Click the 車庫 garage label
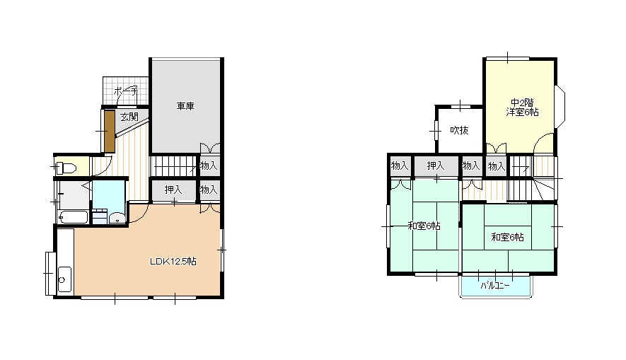pos(185,106)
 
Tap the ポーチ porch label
pos(126,91)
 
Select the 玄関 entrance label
pos(129,117)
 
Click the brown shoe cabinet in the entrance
pos(110,132)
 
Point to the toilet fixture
pos(66,168)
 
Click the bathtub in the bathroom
pos(73,218)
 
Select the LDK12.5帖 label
pos(173,262)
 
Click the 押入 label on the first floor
pos(173,190)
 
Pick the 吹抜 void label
pos(459,130)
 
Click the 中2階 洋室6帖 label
pos(522,108)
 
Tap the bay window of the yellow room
pos(560,107)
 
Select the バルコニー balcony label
pos(494,286)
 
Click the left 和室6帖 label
pos(424,226)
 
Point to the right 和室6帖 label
pos(507,238)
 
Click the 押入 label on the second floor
pos(436,166)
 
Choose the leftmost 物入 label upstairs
pos(400,166)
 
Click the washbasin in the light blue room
pos(117,219)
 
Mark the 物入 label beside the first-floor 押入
pos(209,190)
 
